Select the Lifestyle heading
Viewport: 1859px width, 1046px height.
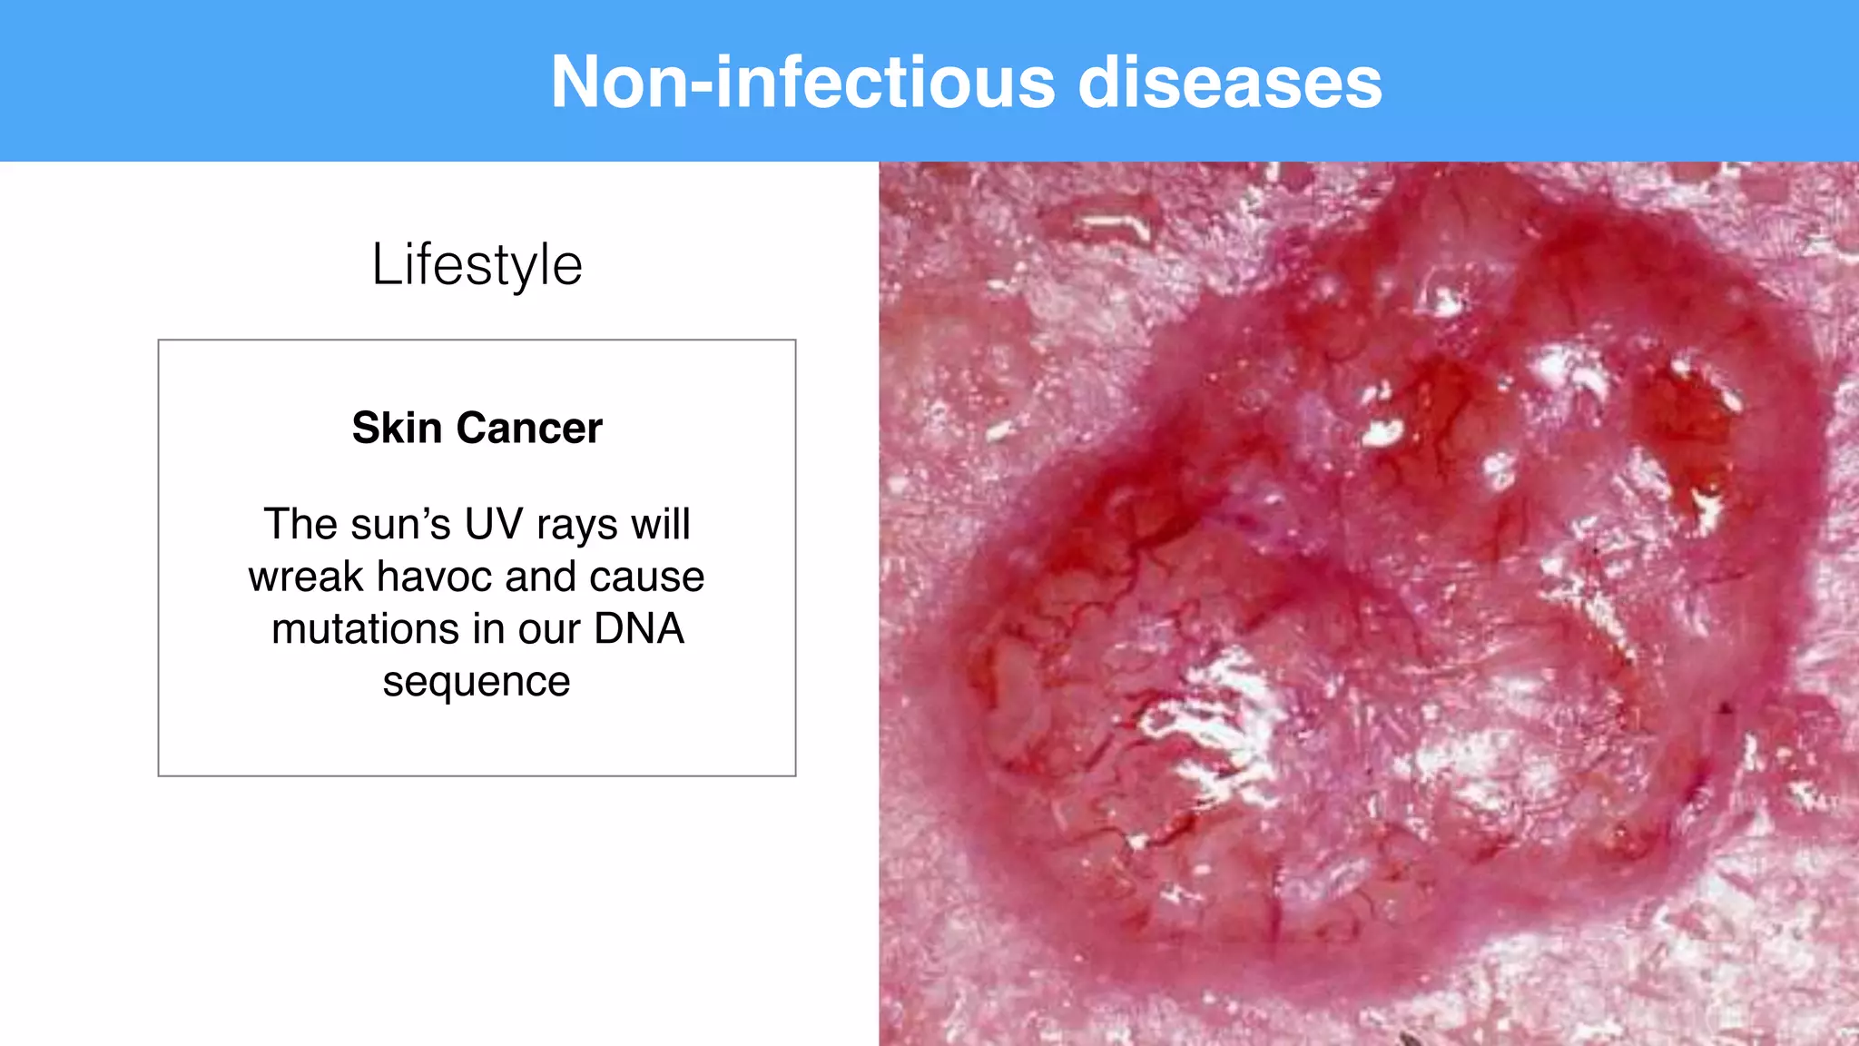tap(477, 265)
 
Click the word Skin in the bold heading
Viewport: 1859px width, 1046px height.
tap(397, 428)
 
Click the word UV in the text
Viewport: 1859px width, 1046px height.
tap(494, 524)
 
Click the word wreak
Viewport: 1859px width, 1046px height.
tap(306, 577)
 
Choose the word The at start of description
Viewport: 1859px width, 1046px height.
tap(300, 524)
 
